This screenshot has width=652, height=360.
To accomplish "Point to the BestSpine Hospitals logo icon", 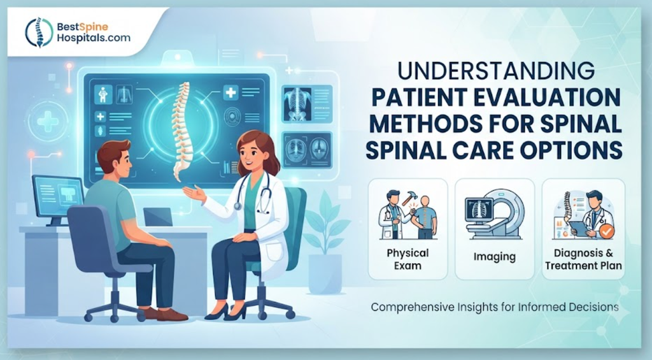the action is [39, 32].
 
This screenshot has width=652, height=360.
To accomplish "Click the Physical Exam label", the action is [407, 259].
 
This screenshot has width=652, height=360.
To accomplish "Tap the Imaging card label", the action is [494, 257].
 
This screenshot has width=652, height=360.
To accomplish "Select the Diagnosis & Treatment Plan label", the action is [584, 259].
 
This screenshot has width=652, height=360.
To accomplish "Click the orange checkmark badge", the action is [606, 231].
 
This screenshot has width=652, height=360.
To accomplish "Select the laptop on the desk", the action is [158, 217].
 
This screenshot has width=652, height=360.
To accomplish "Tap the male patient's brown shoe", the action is [172, 315].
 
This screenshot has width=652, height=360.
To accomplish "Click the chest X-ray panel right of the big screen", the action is [308, 104].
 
